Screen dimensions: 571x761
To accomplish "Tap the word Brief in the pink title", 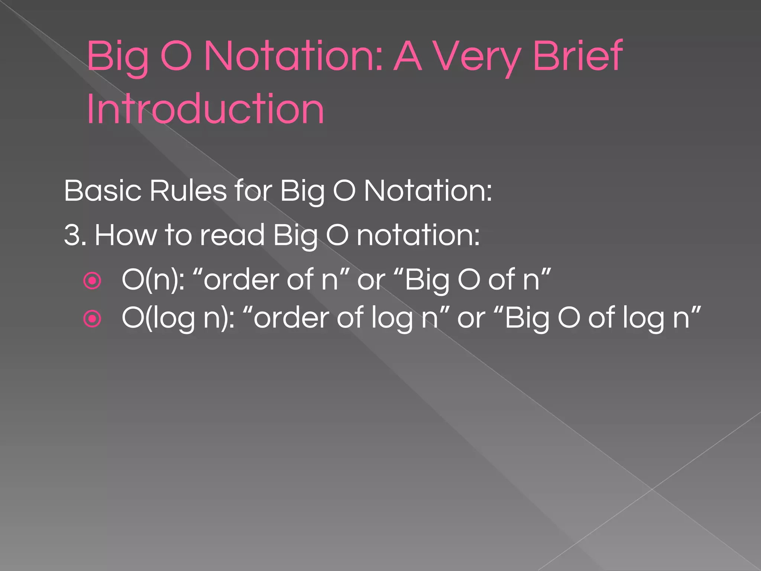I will [577, 56].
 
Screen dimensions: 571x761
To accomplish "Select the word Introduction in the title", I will [205, 109].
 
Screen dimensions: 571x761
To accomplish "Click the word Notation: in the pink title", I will [293, 56].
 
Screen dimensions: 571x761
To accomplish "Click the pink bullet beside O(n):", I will [92, 281].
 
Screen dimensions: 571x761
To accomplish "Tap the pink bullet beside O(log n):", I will [92, 319].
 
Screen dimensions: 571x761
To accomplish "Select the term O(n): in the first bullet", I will [153, 280].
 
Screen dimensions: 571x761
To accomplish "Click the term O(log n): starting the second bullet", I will [178, 318].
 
